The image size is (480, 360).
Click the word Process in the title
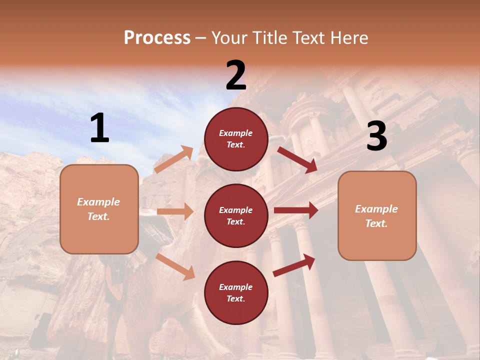157,37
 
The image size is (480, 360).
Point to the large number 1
99,128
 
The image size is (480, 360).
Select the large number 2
236,75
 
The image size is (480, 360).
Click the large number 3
376,136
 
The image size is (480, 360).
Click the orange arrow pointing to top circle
174,159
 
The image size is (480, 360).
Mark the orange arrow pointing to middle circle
175,211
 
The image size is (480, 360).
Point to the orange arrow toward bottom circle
175,266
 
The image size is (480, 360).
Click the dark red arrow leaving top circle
297,159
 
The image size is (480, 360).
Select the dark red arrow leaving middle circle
296,210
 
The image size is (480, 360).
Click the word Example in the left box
98,202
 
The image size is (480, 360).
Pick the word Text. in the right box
376,223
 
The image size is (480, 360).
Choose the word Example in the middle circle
236,210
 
